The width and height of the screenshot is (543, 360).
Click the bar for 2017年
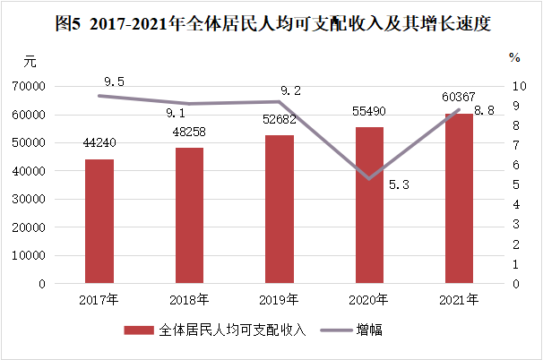[99, 221]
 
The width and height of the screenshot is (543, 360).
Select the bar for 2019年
[279, 210]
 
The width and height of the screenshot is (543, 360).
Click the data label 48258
[189, 133]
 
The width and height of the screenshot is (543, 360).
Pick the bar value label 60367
[458, 97]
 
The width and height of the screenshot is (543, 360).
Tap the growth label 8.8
[484, 110]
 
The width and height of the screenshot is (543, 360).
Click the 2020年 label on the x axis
[369, 299]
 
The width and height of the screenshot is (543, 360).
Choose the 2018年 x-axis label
[189, 299]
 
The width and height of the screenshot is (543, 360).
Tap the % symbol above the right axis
[514, 57]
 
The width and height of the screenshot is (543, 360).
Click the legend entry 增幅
[370, 330]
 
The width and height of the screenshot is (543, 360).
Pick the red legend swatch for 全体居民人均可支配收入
[139, 330]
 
